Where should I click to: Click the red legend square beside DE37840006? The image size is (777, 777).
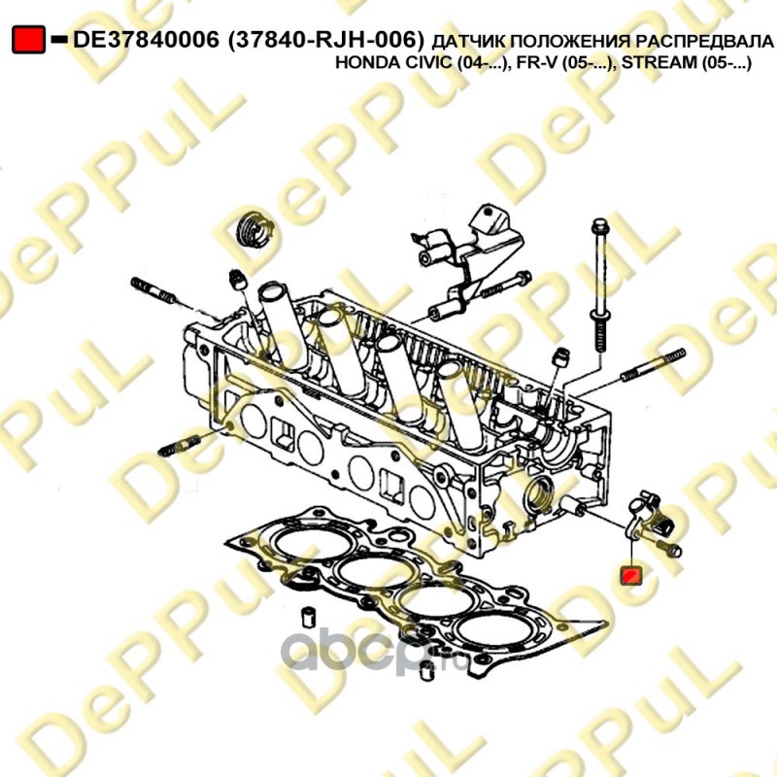[29, 40]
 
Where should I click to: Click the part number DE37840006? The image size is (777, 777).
[146, 40]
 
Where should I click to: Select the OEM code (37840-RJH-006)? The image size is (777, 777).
[326, 40]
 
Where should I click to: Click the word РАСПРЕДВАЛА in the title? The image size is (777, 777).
[704, 42]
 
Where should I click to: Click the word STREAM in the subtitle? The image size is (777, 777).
[659, 63]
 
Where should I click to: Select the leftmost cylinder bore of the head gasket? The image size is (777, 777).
[314, 543]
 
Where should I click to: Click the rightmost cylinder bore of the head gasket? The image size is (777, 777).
[498, 630]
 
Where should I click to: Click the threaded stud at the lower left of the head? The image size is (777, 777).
[179, 445]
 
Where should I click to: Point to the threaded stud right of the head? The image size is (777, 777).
[653, 366]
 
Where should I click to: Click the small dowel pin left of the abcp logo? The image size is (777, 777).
[309, 617]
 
